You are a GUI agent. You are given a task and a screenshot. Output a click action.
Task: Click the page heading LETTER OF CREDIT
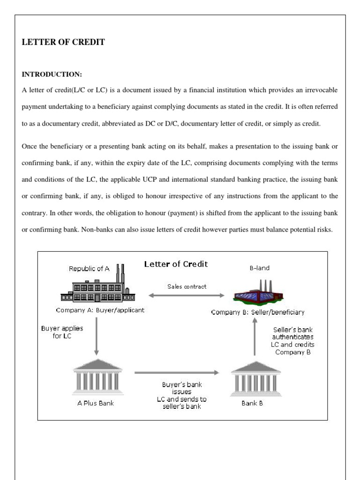click(x=63, y=42)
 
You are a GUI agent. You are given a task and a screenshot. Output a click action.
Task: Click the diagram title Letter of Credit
click(x=175, y=264)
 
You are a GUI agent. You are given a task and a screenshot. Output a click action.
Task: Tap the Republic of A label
click(x=89, y=269)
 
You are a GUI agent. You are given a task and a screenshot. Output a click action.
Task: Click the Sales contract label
click(x=187, y=286)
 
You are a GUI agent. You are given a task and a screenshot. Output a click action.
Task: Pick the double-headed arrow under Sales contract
click(x=186, y=295)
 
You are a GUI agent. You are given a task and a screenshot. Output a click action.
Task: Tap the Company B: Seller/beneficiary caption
click(x=257, y=312)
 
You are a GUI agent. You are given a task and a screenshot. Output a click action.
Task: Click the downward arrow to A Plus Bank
click(x=96, y=338)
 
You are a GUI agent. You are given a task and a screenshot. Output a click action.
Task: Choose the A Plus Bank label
click(x=96, y=403)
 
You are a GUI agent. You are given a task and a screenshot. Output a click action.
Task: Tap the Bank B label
click(x=252, y=403)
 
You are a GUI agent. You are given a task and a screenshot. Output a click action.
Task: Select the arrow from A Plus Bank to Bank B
click(x=177, y=373)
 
